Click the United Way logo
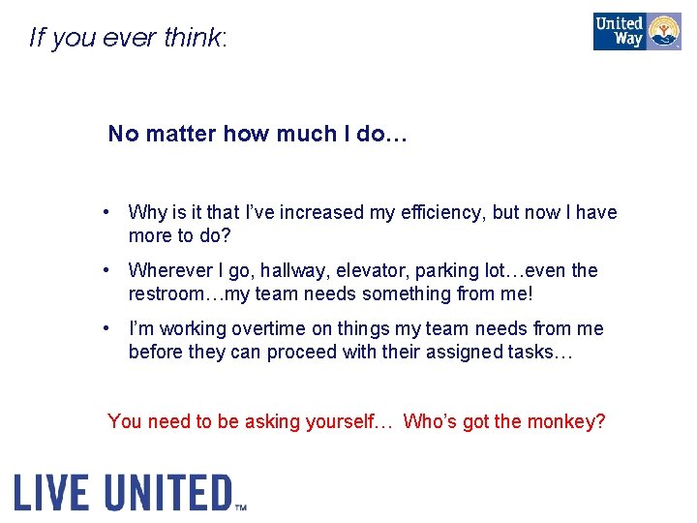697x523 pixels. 637,31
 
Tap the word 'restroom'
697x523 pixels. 167,293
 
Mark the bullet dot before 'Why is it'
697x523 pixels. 114,212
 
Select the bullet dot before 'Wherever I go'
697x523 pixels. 114,270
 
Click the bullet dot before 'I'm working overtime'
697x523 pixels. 114,328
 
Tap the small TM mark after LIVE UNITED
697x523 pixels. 241,506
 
